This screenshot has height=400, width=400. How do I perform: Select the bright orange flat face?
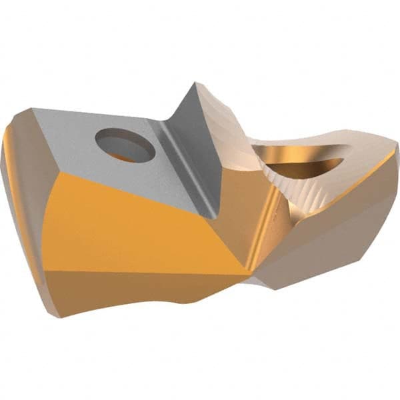[133, 227]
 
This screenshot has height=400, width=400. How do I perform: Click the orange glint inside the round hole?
[120, 156]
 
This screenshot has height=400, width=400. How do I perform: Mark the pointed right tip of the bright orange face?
[251, 270]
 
